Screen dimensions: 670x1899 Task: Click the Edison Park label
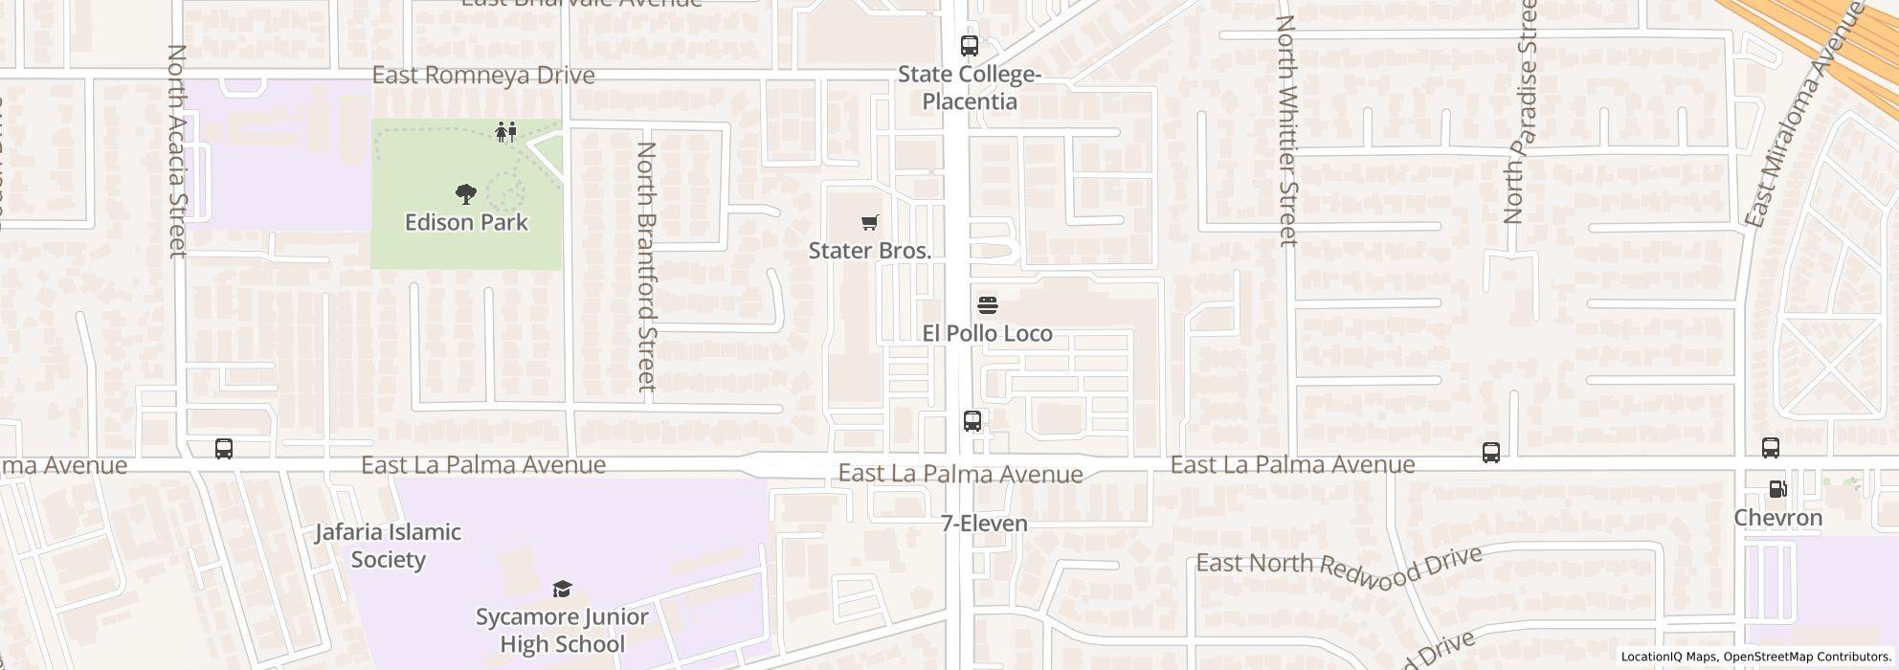466,222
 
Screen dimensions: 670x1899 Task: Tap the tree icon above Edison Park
466,194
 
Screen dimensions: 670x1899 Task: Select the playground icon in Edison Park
506,131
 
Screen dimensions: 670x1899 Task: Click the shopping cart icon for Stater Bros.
869,223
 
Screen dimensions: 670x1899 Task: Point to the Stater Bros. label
869,251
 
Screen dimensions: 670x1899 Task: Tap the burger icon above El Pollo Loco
988,306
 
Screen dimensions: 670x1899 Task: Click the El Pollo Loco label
987,333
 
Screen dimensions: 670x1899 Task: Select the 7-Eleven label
984,524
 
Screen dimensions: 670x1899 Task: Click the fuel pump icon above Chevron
1777,489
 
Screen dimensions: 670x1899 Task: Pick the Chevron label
1777,518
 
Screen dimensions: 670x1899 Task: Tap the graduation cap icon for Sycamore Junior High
562,589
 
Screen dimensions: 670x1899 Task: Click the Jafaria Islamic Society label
389,546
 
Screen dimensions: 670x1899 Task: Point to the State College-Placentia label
969,88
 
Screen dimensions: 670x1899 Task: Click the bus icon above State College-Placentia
969,45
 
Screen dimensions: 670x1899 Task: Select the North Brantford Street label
647,266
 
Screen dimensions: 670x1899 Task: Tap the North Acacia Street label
177,150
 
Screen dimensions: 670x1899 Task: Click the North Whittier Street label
1286,131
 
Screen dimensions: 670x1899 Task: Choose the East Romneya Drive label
483,75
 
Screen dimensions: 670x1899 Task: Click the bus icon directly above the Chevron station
1771,447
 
